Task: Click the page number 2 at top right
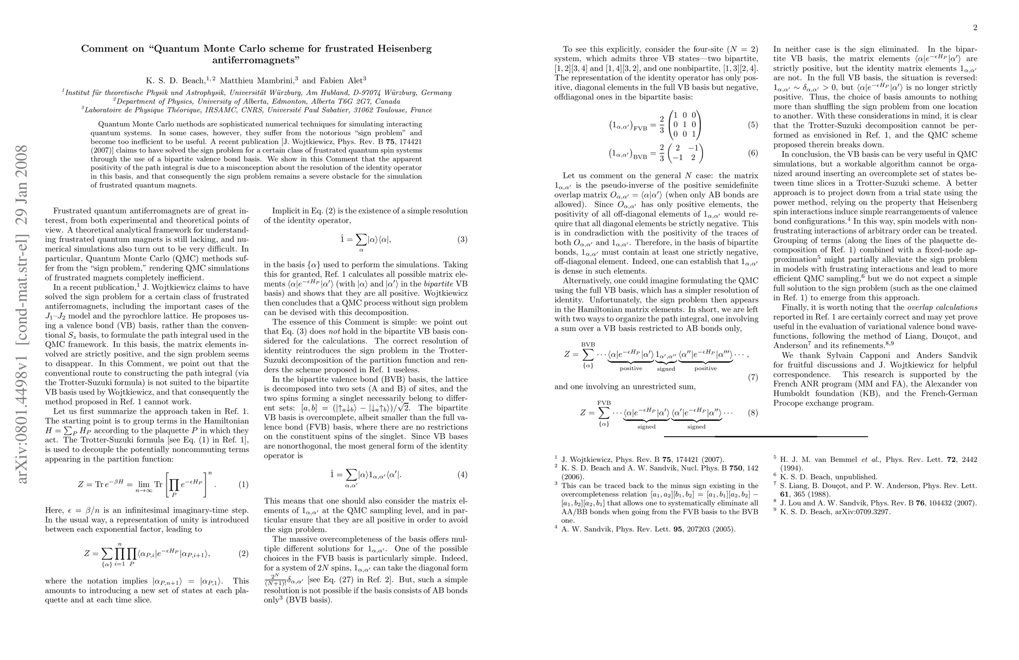974,28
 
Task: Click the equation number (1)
242,485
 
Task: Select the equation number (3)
462,239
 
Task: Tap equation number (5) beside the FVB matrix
752,125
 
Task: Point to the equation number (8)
752,413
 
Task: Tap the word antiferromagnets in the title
257,59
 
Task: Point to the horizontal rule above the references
766,436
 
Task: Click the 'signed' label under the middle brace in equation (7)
666,369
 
